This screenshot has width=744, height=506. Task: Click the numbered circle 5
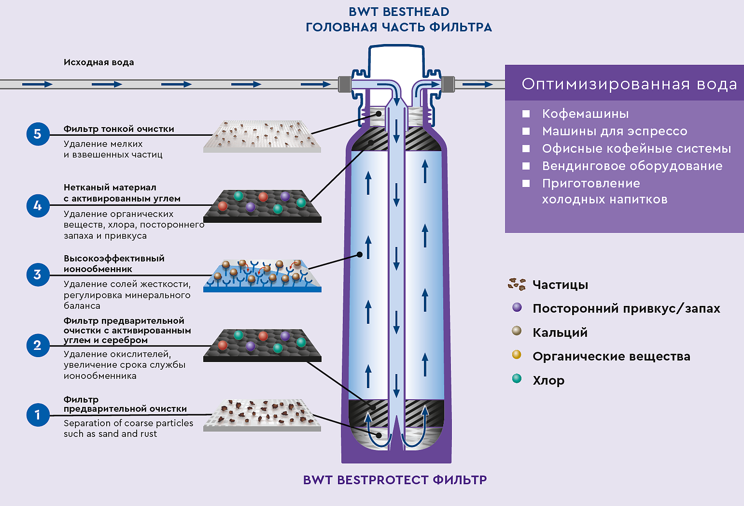(38, 134)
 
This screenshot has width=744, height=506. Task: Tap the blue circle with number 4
(38, 206)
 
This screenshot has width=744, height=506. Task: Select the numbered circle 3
(38, 275)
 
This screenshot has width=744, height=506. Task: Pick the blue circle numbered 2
(38, 346)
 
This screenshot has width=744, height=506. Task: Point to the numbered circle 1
(38, 415)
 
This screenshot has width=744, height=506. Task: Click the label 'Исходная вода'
(98, 62)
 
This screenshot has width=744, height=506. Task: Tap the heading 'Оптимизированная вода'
(629, 84)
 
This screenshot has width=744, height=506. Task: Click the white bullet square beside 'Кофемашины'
(526, 114)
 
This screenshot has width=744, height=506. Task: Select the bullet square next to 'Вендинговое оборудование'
(526, 166)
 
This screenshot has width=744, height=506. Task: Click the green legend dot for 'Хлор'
(517, 378)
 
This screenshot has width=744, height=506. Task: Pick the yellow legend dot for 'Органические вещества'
(517, 354)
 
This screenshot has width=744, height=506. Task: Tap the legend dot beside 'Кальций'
(517, 331)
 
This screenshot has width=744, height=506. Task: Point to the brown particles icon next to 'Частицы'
(517, 284)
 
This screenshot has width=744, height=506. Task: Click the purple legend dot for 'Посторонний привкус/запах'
(517, 307)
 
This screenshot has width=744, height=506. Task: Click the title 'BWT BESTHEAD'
(399, 12)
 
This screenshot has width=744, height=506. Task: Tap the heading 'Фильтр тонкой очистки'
(119, 129)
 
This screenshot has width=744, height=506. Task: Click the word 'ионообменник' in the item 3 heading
(98, 269)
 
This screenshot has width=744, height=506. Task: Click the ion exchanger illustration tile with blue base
(262, 276)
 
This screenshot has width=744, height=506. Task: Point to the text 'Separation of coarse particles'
(128, 423)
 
